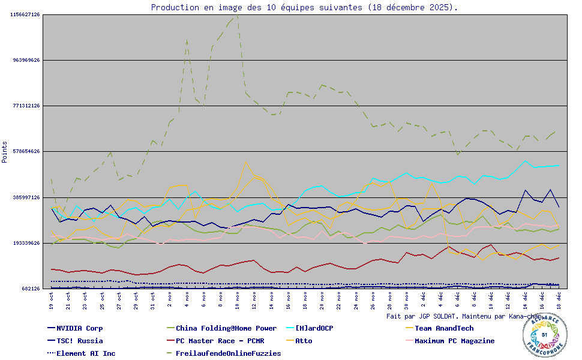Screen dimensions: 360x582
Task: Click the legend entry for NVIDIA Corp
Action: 79,328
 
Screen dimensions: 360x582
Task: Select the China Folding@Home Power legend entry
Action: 226,328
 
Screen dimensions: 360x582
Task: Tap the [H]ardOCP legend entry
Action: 314,328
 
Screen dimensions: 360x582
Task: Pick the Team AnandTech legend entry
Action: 444,328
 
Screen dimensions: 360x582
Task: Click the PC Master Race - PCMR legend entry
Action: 220,341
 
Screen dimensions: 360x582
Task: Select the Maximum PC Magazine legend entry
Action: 454,341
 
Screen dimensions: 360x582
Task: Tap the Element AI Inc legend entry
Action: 86,353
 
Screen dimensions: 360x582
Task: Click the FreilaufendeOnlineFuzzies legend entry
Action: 228,353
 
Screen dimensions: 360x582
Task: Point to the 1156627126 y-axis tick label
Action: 25,14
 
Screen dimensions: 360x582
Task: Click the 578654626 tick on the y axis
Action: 25,151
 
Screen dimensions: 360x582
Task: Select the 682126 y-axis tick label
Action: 29,289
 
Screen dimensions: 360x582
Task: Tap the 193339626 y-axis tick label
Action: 25,243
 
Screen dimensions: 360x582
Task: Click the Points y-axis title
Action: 5,152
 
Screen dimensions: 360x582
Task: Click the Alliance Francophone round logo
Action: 545,335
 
